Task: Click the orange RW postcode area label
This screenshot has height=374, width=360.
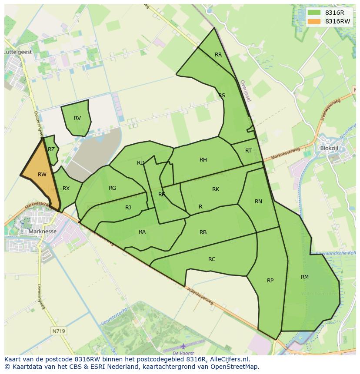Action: [42, 175]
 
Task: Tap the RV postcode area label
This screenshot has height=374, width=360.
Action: [77, 118]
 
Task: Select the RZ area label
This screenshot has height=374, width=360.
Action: [51, 149]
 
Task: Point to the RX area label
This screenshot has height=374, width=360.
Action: [66, 189]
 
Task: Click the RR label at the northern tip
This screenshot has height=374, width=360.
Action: [218, 55]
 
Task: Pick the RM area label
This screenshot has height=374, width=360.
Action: [305, 277]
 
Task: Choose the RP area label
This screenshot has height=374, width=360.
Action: [270, 281]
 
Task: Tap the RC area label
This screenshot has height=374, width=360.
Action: [212, 259]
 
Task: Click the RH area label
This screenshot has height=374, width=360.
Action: [203, 160]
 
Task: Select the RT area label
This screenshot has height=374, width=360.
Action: [248, 151]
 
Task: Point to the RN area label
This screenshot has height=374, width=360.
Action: [258, 202]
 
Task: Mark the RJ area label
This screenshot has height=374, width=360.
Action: [128, 208]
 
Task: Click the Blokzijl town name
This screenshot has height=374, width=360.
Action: [329, 148]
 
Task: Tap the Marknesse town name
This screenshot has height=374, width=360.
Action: [42, 232]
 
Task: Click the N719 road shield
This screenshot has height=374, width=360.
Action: [59, 331]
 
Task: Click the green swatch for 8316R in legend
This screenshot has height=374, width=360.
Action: [313, 13]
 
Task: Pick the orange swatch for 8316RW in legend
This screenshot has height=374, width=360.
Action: [313, 21]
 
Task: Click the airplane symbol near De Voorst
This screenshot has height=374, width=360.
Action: [183, 346]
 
